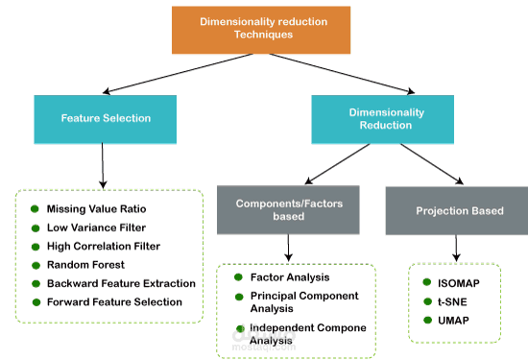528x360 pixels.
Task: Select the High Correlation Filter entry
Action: click(103, 246)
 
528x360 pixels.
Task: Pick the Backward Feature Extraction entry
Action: click(120, 283)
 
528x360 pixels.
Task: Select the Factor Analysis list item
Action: click(285, 277)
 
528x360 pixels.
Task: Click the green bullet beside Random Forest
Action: click(35, 264)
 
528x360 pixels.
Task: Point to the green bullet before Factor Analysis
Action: click(240, 277)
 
